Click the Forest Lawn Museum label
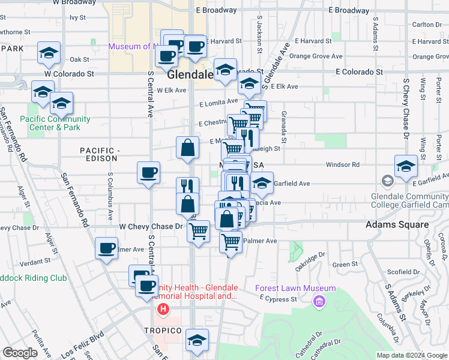(x=295, y=288)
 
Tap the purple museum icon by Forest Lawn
(x=319, y=299)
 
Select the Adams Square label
(x=397, y=225)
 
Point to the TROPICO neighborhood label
(x=162, y=331)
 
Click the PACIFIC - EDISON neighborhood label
(x=105, y=154)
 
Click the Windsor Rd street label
(x=342, y=164)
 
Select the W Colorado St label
(x=70, y=74)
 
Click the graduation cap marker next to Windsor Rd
(x=406, y=167)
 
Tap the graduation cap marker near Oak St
(x=49, y=53)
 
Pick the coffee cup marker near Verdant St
(x=107, y=248)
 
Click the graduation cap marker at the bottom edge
(x=197, y=340)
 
